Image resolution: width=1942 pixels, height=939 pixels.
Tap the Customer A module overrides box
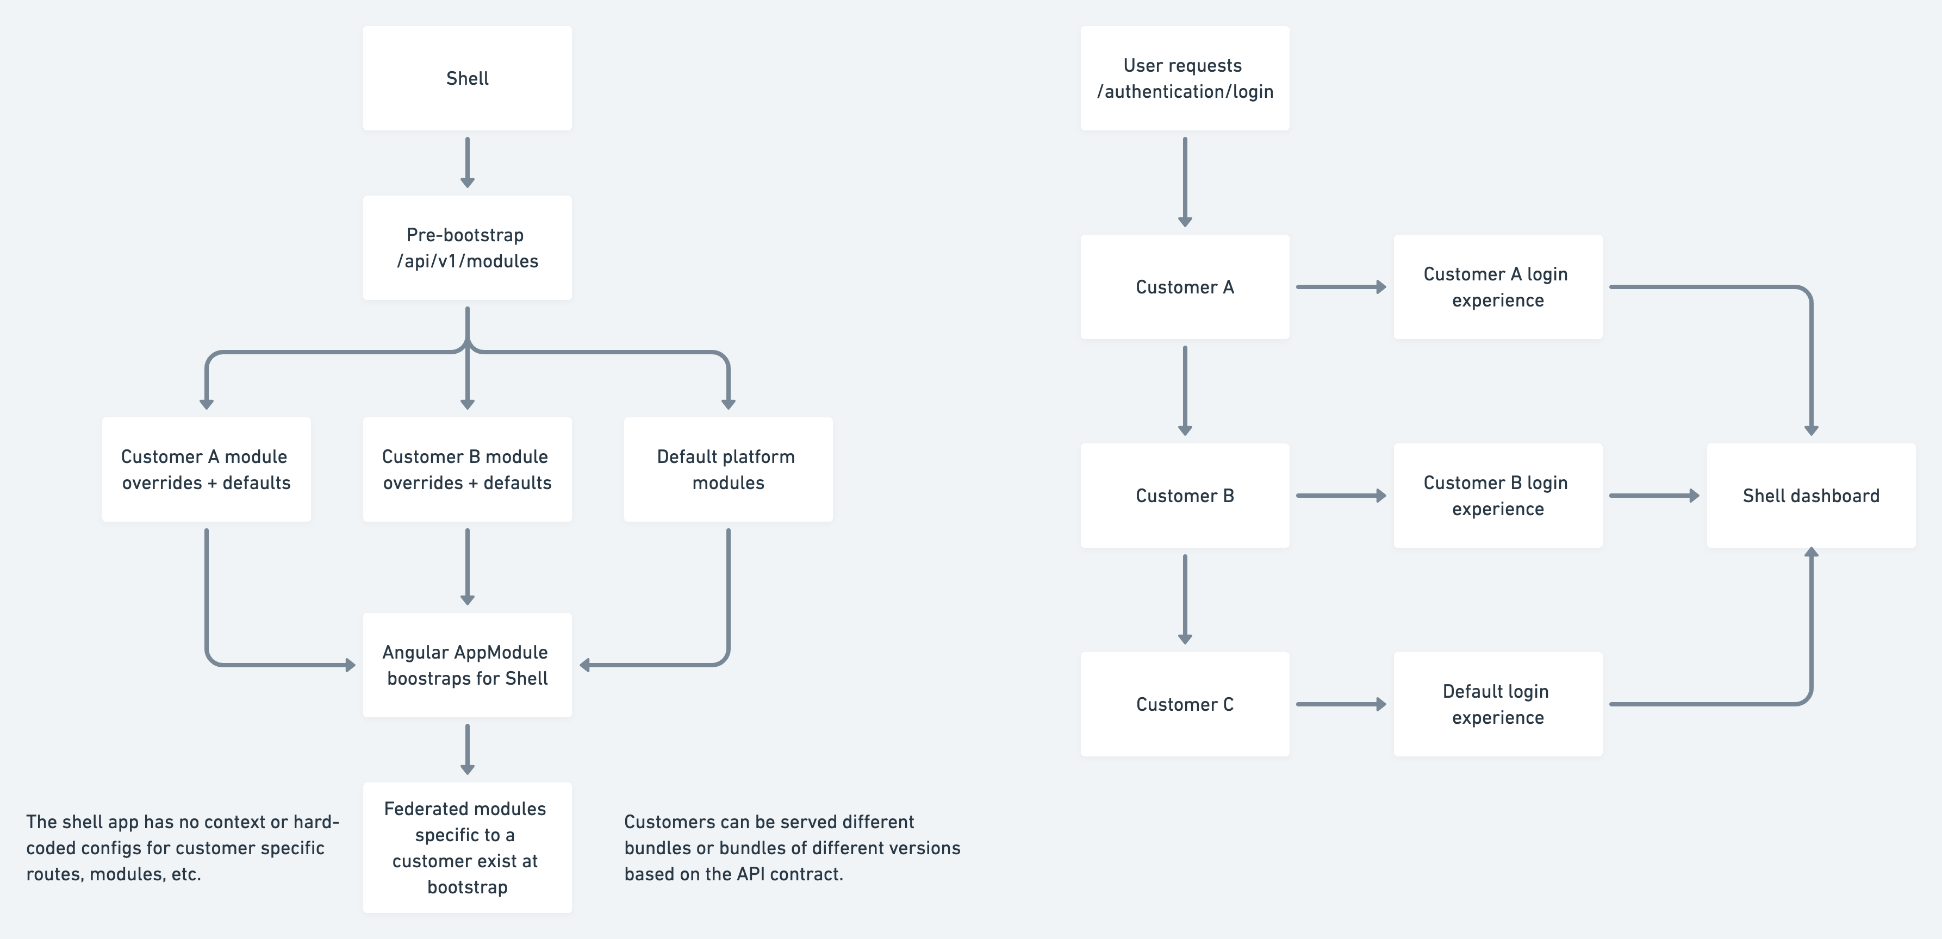tap(206, 469)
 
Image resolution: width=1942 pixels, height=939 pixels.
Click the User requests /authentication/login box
tap(1184, 78)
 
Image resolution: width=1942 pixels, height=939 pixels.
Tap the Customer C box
tap(1184, 704)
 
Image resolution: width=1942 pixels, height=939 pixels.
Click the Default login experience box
tap(1497, 704)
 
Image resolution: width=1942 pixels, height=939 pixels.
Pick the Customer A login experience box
tap(1497, 287)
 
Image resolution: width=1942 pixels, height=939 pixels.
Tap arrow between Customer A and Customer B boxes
tap(1184, 390)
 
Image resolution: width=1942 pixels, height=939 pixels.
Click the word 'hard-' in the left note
tap(316, 822)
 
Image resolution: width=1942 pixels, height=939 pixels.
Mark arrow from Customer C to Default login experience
tap(1340, 704)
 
